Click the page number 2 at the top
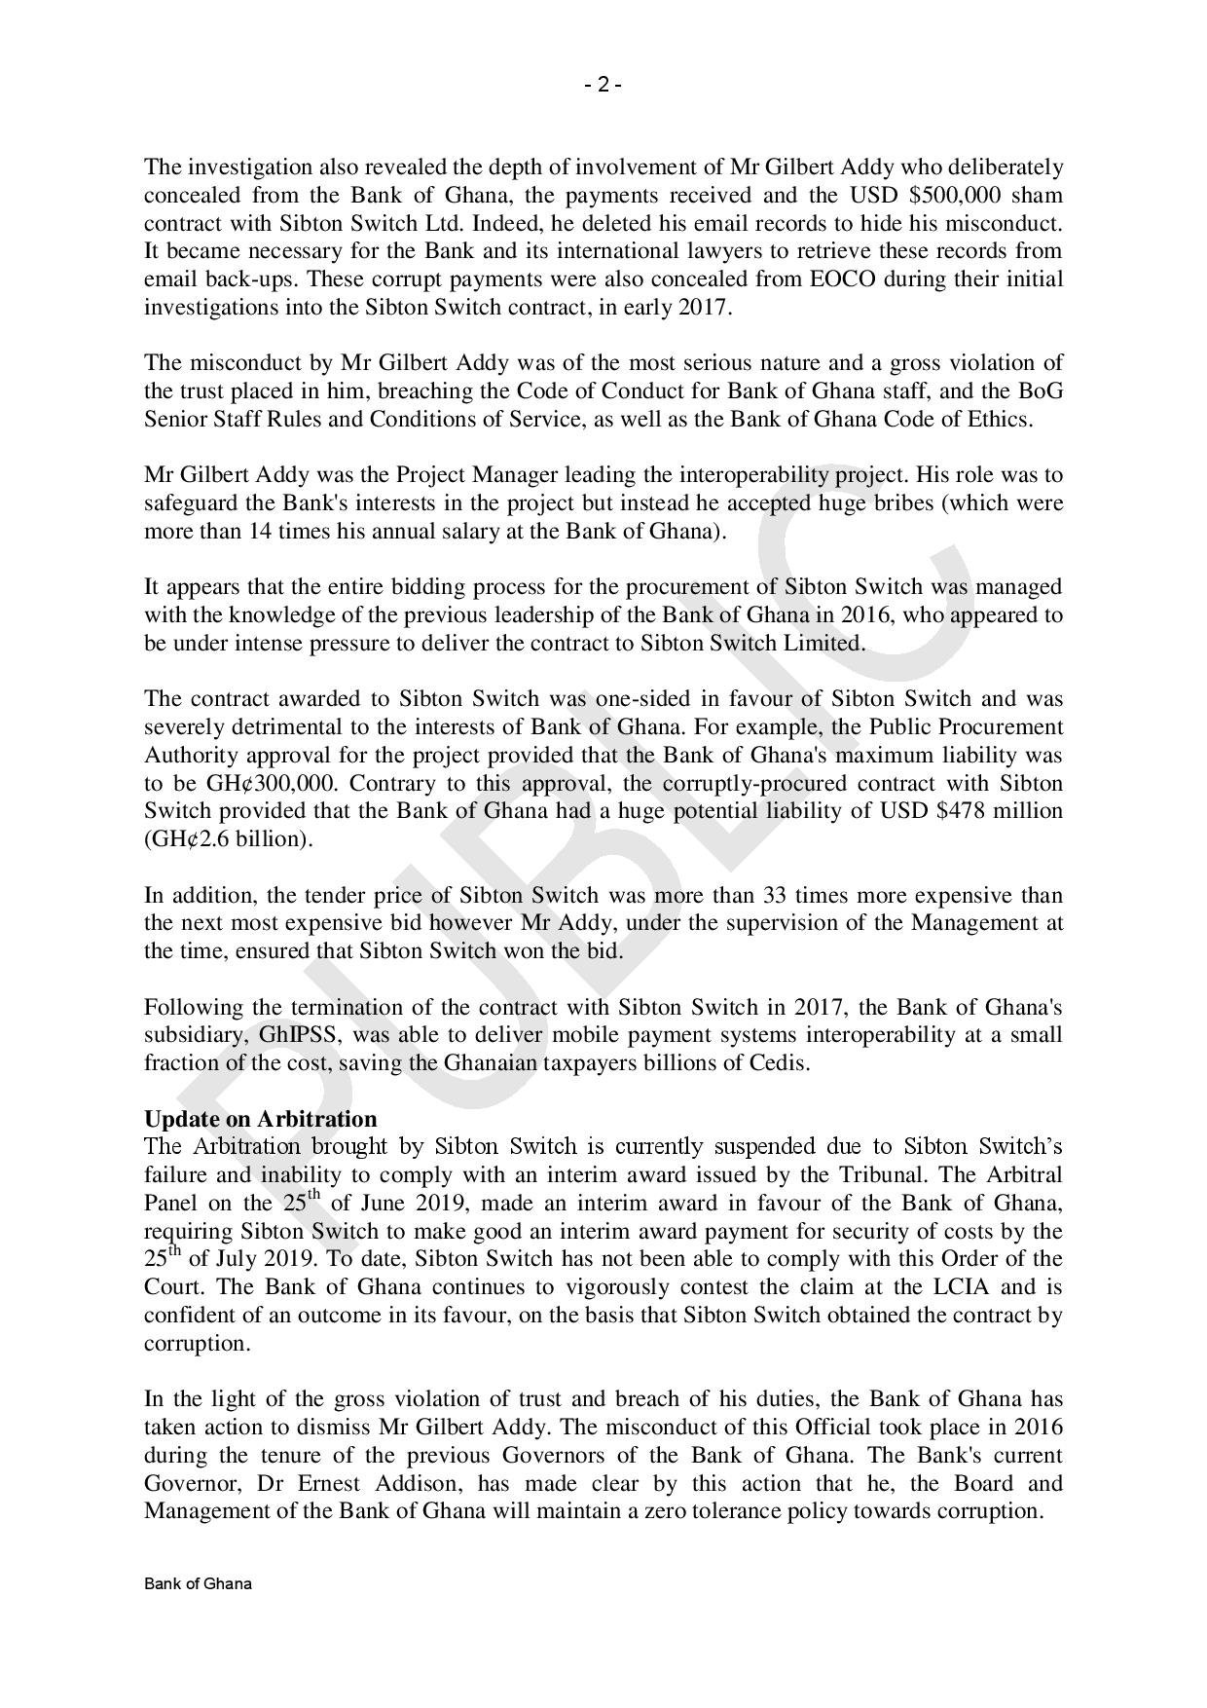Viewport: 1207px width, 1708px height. click(603, 85)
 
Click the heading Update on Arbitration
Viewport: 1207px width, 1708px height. click(260, 1119)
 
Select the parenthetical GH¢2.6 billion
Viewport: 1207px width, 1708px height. click(229, 839)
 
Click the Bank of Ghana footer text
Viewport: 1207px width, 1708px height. click(199, 1584)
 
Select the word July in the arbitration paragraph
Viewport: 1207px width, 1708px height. click(222, 1259)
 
